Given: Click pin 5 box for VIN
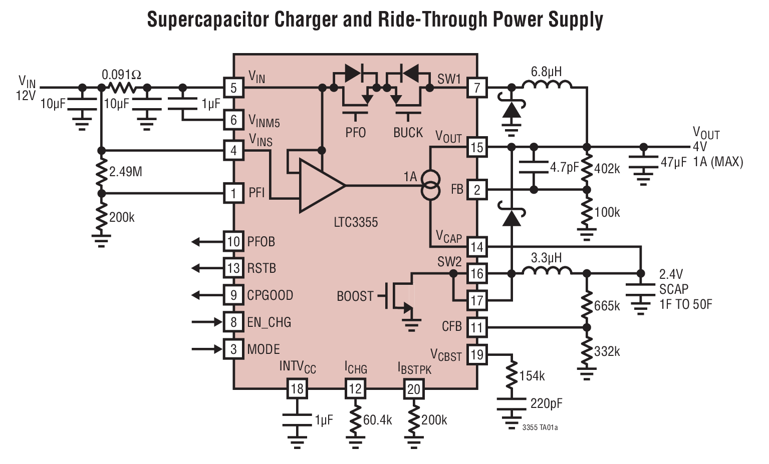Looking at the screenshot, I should (233, 88).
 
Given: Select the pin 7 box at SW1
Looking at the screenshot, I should (476, 88).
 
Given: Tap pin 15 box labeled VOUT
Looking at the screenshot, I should (476, 148).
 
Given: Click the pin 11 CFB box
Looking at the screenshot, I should (476, 327).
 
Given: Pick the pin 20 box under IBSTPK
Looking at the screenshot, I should (413, 389).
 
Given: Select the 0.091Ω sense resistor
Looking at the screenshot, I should (122, 88).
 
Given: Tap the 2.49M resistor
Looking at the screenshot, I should (102, 172).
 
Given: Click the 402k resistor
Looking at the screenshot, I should (587, 169).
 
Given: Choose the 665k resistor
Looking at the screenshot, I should (587, 305).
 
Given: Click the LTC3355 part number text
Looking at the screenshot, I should (356, 222).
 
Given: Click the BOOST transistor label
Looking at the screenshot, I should (355, 296).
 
